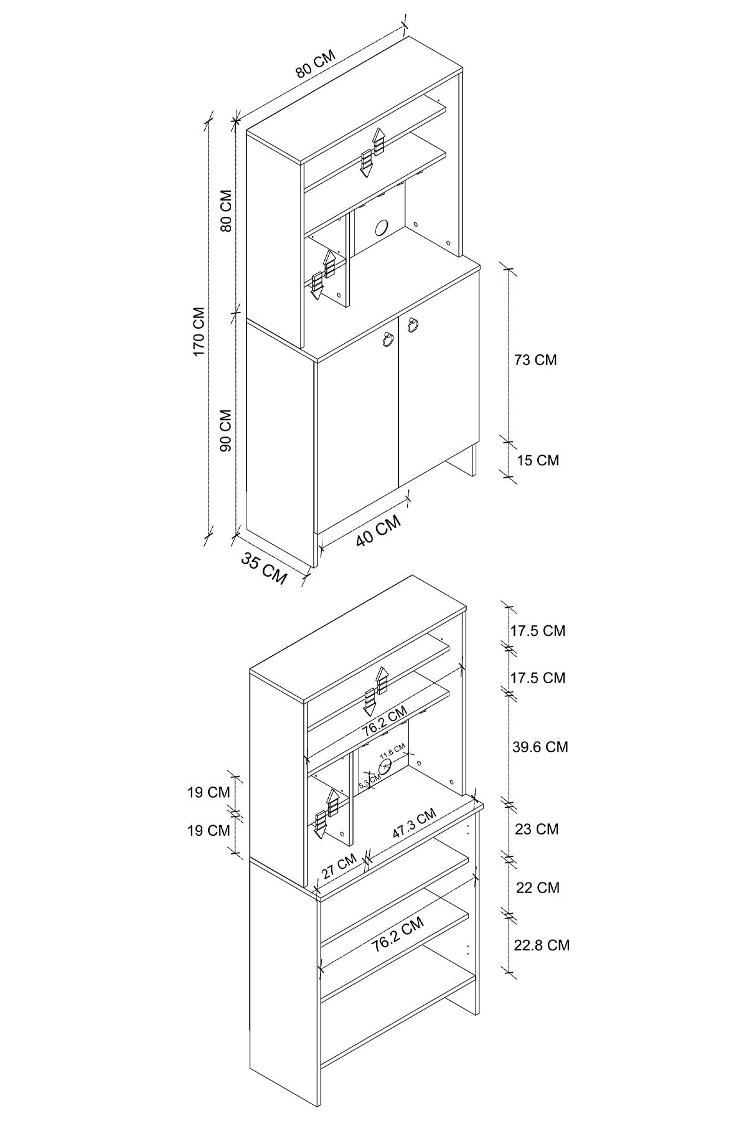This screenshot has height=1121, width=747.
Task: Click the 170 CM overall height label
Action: tap(199, 331)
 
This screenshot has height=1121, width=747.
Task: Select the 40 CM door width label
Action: tap(378, 531)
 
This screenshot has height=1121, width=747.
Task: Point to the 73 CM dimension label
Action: tap(535, 359)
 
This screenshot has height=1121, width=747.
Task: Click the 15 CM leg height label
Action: tap(538, 460)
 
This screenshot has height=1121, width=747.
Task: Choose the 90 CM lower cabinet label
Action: tap(225, 430)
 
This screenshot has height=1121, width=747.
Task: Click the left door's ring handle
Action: tap(387, 339)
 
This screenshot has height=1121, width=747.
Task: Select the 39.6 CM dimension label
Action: tap(540, 746)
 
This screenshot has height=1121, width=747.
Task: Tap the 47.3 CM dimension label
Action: tap(414, 823)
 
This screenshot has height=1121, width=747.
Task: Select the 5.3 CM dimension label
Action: tap(369, 779)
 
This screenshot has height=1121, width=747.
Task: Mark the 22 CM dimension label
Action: tap(538, 887)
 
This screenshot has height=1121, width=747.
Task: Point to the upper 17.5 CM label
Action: tap(538, 630)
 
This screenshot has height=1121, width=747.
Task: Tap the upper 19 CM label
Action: tap(209, 793)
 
